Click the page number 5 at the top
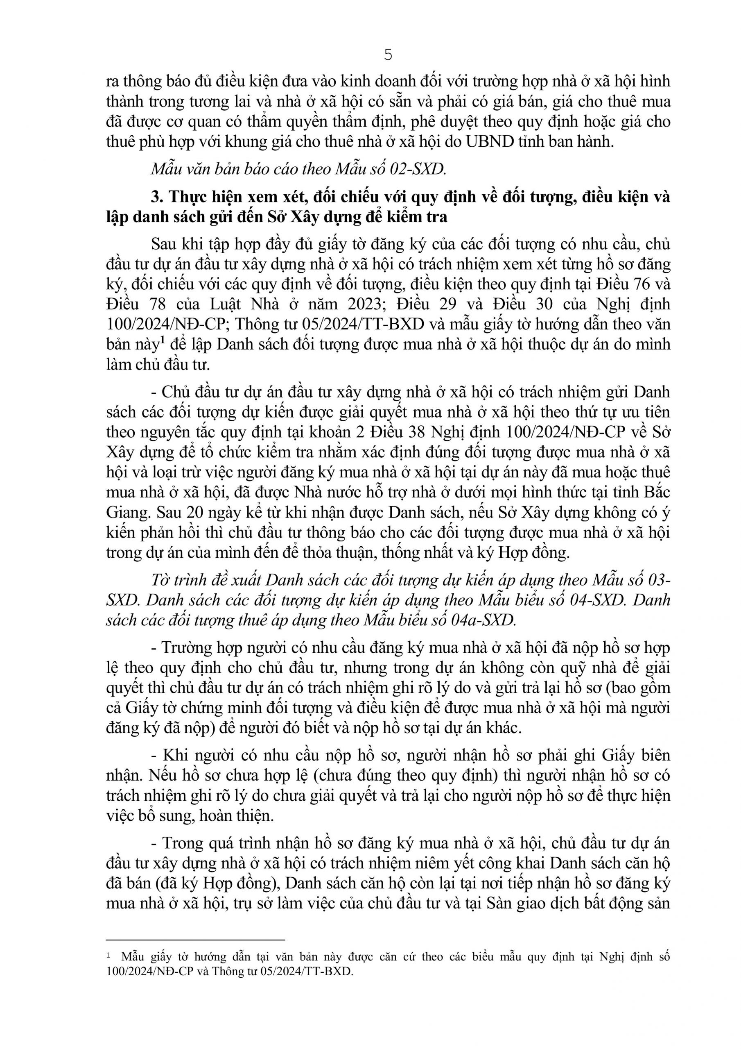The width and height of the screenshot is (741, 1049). [x=388, y=55]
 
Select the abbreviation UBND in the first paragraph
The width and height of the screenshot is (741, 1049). [x=489, y=142]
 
